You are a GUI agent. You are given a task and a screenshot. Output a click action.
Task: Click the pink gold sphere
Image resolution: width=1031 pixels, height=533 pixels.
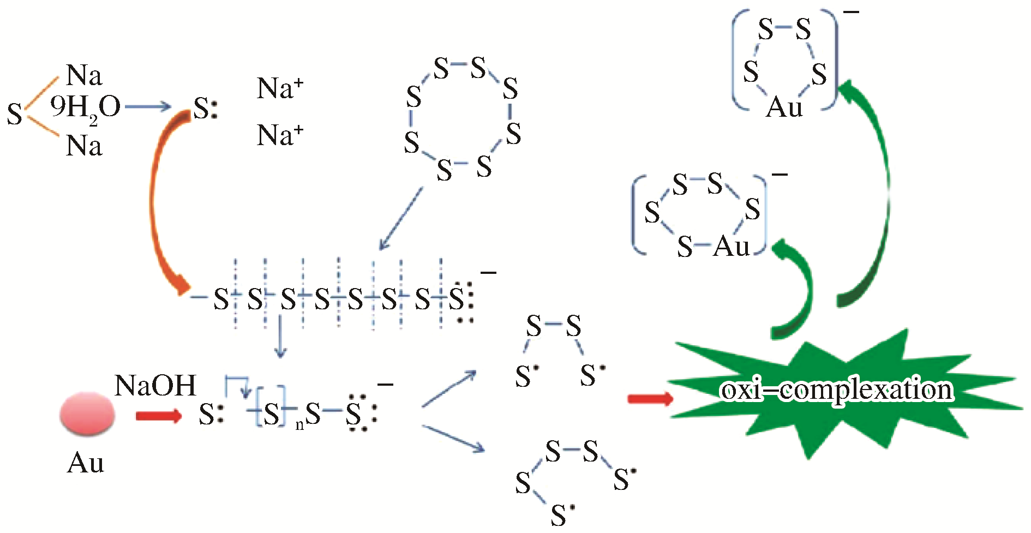87,414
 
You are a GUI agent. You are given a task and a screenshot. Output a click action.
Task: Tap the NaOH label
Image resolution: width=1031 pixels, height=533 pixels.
155,386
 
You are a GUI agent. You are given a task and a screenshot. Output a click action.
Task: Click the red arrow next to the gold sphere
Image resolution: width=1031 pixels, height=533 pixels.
158,416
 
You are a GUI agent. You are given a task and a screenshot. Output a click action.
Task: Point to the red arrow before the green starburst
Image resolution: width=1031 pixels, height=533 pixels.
650,399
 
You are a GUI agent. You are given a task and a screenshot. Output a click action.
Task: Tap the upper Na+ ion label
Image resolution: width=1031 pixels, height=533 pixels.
280,88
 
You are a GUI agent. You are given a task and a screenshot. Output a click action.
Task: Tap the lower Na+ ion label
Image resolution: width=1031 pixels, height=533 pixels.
280,135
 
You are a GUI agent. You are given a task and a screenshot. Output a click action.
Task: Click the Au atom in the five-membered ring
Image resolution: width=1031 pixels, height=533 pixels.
784,107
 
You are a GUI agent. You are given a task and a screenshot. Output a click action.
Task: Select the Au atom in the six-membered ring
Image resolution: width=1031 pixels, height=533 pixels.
732,247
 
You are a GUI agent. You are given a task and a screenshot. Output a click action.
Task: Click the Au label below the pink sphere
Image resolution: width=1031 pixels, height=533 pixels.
86,463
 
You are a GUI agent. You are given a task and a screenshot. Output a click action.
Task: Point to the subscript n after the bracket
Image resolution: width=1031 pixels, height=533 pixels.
299,425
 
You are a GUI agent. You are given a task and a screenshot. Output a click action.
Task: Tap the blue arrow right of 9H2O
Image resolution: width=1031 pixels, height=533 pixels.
148,107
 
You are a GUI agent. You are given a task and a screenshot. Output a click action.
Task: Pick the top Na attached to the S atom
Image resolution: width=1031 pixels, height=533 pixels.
84,75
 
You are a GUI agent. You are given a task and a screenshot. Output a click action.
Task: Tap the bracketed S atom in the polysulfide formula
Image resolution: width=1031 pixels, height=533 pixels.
271,414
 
